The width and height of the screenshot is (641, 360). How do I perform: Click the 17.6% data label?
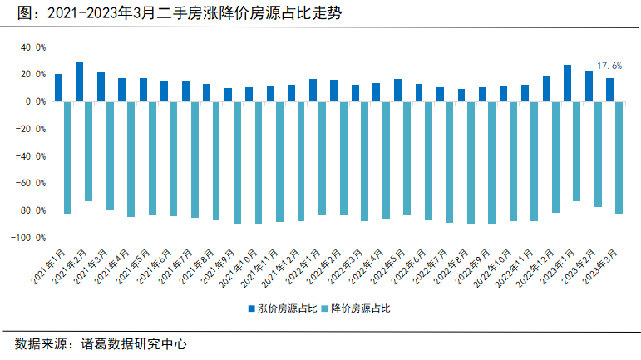[609, 66]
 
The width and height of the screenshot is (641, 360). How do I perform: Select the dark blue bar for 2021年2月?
[79, 82]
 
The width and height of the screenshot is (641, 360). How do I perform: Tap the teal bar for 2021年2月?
[88, 151]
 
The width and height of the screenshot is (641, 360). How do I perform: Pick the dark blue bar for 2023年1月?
[567, 83]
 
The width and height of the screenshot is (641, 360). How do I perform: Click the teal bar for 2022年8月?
[471, 164]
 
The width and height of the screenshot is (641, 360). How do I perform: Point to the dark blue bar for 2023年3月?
[609, 90]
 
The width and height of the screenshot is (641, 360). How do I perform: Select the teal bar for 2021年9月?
[237, 164]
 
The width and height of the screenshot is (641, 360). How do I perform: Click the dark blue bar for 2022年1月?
[313, 91]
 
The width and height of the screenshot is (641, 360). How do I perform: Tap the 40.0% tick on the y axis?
[33, 48]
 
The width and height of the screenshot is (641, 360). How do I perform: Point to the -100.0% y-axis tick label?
[28, 238]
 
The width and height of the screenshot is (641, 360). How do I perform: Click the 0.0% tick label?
[36, 101]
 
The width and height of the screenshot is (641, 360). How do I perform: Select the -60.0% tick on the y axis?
[31, 183]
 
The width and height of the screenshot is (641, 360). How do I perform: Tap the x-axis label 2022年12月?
[535, 268]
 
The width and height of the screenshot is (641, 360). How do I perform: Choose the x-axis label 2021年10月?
[239, 268]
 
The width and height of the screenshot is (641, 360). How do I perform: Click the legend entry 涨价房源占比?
[283, 308]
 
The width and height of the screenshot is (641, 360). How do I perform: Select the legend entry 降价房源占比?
[356, 308]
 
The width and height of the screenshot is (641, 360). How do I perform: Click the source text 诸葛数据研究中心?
[134, 344]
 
